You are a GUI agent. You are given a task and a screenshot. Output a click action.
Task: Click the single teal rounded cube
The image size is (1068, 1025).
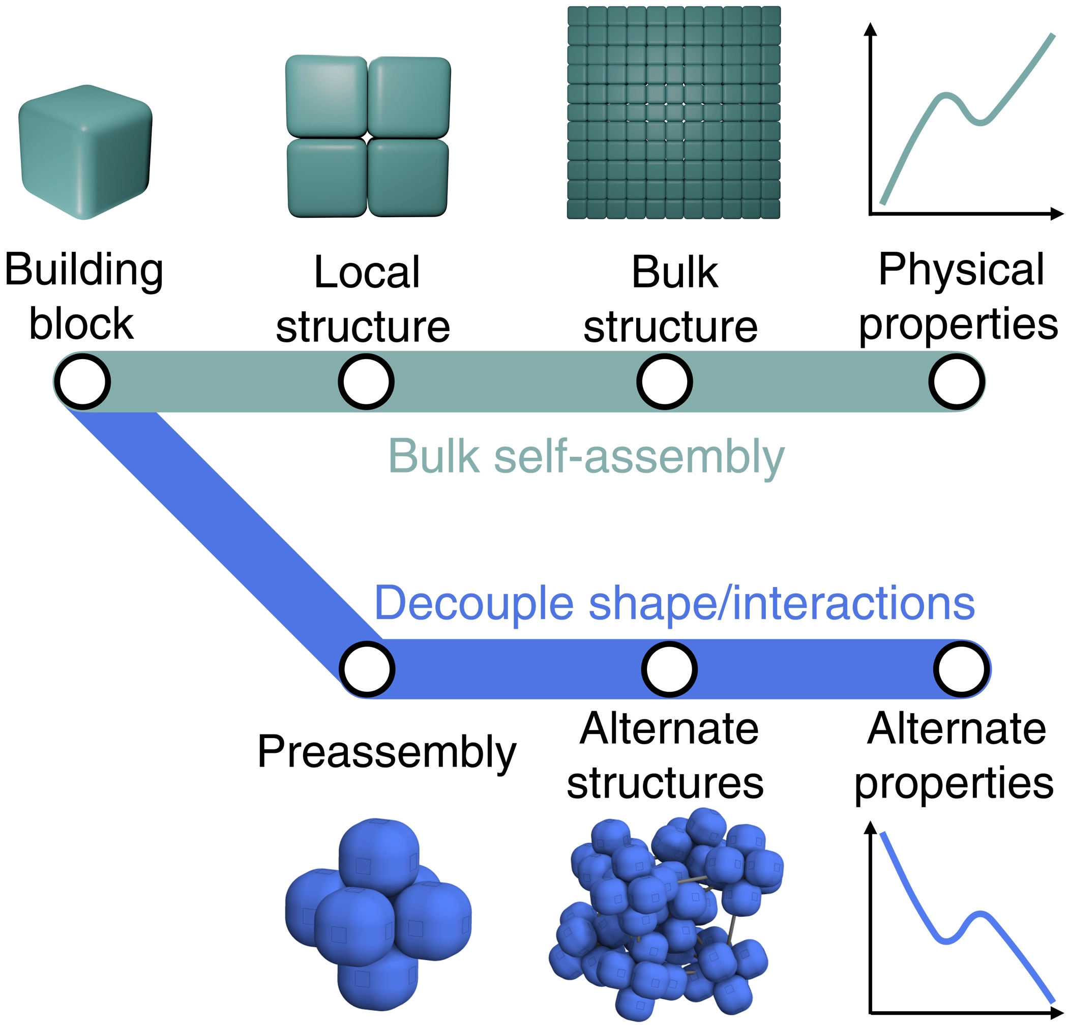pyautogui.click(x=85, y=153)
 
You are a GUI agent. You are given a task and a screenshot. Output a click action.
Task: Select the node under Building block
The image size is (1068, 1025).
pyautogui.click(x=83, y=382)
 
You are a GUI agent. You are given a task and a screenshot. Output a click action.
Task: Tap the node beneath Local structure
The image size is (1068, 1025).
pyautogui.click(x=366, y=382)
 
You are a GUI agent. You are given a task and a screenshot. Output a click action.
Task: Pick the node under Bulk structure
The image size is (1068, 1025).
pyautogui.click(x=664, y=382)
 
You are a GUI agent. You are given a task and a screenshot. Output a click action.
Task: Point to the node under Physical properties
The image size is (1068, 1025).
pyautogui.click(x=956, y=382)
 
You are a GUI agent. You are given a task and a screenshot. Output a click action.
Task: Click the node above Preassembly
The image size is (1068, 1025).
pyautogui.click(x=367, y=668)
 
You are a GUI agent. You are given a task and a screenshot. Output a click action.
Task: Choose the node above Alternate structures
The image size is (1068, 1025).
pyautogui.click(x=669, y=668)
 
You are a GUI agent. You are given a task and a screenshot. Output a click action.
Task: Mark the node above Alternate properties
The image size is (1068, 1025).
pyautogui.click(x=962, y=668)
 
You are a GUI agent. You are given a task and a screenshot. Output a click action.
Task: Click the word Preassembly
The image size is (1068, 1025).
pyautogui.click(x=387, y=752)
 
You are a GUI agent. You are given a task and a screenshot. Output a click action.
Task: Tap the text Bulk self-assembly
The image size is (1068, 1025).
pyautogui.click(x=586, y=457)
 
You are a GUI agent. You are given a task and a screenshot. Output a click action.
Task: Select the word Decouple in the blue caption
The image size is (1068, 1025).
pyautogui.click(x=474, y=603)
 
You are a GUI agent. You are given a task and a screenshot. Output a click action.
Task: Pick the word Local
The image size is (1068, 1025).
pyautogui.click(x=367, y=272)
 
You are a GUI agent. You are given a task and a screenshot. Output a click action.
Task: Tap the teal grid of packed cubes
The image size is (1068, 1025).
pyautogui.click(x=673, y=113)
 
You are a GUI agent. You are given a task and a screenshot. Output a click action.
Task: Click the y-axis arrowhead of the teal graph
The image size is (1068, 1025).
pyautogui.click(x=871, y=30)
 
